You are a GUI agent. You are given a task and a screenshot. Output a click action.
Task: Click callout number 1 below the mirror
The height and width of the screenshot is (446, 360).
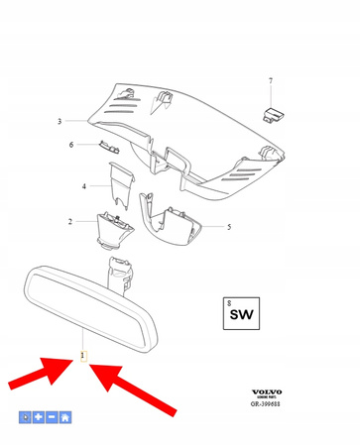(x=83, y=355)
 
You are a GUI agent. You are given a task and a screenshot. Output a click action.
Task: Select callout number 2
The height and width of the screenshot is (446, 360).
(x=70, y=221)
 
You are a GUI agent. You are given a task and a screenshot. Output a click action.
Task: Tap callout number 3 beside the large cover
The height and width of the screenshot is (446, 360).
(x=60, y=121)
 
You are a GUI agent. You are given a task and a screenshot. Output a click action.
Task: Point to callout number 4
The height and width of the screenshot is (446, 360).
(x=84, y=185)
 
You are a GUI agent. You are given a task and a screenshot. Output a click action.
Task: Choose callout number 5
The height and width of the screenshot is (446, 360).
(x=229, y=227)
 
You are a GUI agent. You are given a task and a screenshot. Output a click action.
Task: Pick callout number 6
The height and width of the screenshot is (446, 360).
(x=70, y=146)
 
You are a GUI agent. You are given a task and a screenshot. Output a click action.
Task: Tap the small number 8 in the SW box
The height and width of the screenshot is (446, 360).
(x=229, y=301)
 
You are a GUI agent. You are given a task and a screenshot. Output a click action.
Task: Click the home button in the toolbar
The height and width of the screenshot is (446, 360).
(x=64, y=417)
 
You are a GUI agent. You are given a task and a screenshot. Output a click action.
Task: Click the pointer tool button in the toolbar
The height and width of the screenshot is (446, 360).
(x=26, y=417)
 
